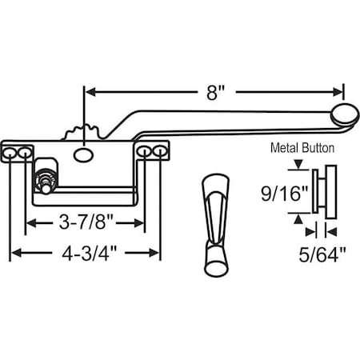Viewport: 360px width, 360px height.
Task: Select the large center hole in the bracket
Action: click(82, 151)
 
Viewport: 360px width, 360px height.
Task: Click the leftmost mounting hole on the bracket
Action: click(11, 151)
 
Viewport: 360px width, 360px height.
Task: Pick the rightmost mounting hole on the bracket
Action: click(160, 151)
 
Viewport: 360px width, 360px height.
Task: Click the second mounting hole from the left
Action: click(26, 151)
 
